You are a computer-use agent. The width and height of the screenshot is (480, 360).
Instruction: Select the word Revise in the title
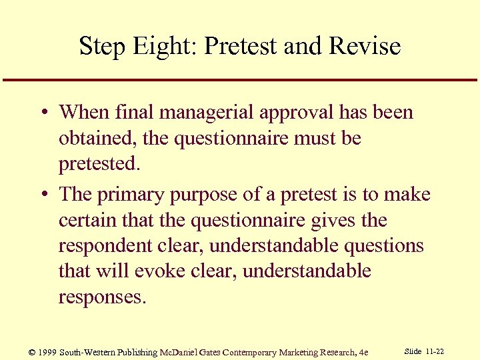point(367,47)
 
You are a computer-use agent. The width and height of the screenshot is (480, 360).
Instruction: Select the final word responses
point(101,297)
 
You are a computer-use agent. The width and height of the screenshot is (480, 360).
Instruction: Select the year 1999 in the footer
point(47,352)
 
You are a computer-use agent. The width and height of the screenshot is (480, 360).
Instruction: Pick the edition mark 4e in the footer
point(363,352)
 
